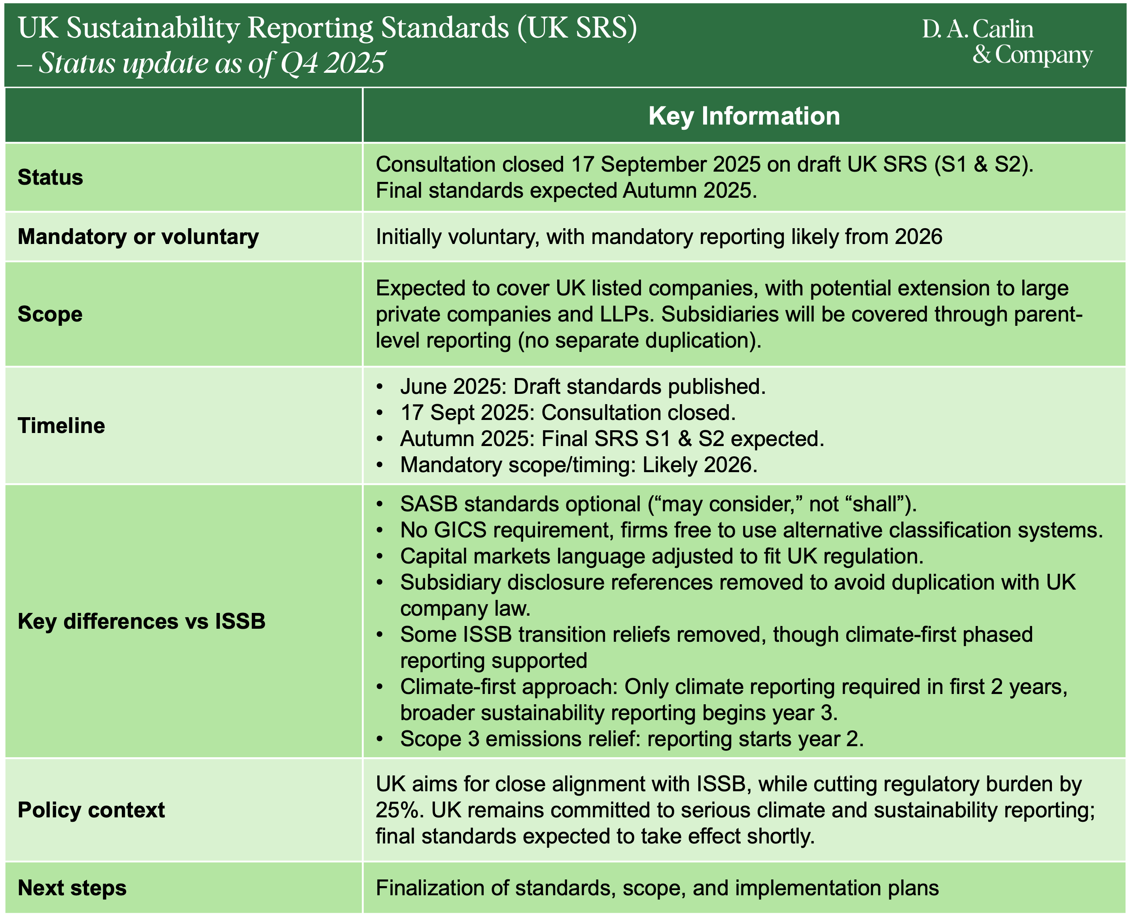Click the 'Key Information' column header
[744, 116]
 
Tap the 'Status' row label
[50, 178]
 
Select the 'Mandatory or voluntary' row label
[138, 236]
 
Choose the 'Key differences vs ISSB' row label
[141, 621]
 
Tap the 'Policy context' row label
[91, 810]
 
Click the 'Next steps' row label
[72, 888]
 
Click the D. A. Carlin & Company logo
[1006, 42]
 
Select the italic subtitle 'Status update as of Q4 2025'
[211, 63]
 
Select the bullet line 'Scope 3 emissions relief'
[632, 738]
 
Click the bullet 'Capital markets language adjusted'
[662, 556]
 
